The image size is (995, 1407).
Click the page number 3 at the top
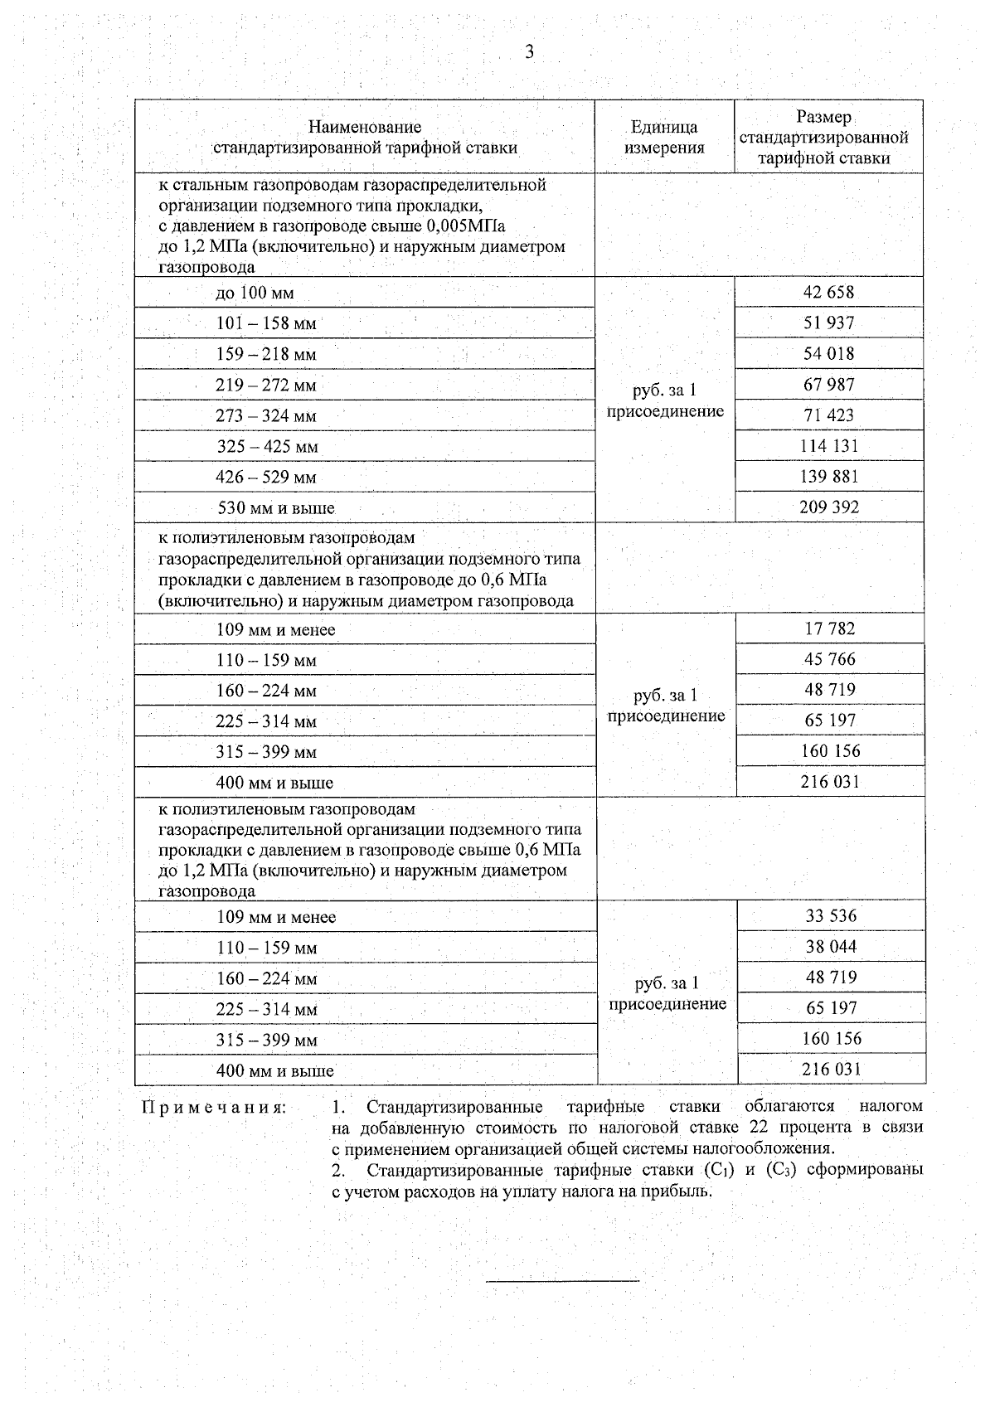[529, 52]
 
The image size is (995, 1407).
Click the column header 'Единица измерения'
[664, 138]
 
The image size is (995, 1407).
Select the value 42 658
[828, 292]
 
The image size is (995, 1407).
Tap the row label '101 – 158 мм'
[266, 323]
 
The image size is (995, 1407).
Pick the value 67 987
[828, 385]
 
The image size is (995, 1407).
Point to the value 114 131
[828, 446]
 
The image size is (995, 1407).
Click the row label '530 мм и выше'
[275, 507]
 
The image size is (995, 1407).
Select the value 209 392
[828, 507]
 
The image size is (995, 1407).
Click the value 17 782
[829, 628]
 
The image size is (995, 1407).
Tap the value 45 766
[829, 659]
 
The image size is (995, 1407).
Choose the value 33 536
[831, 916]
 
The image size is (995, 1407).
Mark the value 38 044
[831, 947]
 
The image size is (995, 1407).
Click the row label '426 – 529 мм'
[266, 477]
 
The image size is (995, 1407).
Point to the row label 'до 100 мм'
[255, 293]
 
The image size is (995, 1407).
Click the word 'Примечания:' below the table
[215, 1108]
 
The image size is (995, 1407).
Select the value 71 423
[828, 415]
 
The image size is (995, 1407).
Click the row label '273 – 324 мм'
[266, 415]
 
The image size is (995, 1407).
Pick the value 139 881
[828, 477]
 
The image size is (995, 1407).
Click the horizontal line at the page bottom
[562, 1282]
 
